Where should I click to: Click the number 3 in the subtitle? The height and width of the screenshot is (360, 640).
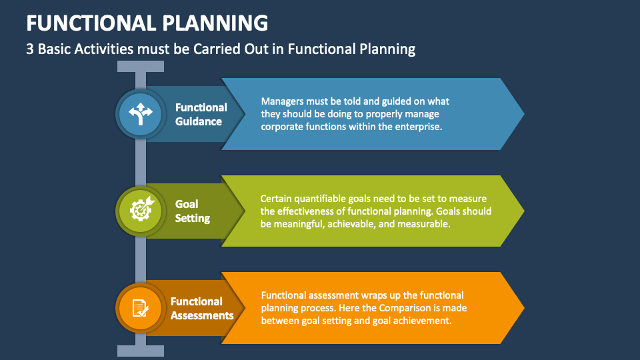[30, 49]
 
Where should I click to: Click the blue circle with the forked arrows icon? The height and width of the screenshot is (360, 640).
[141, 114]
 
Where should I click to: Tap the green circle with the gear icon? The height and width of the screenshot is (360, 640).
[141, 211]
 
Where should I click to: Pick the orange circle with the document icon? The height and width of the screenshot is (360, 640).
[141, 307]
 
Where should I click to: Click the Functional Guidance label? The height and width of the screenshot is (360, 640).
[201, 114]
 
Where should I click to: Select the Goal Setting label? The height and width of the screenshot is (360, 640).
[193, 211]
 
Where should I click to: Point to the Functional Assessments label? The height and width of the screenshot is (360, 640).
[202, 308]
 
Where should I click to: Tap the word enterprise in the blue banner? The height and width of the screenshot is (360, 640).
[417, 126]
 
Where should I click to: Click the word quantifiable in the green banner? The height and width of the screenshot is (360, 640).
[325, 199]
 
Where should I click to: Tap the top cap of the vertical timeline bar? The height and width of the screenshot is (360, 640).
[141, 66]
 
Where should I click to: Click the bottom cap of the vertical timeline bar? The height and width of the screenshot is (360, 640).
[141, 351]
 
